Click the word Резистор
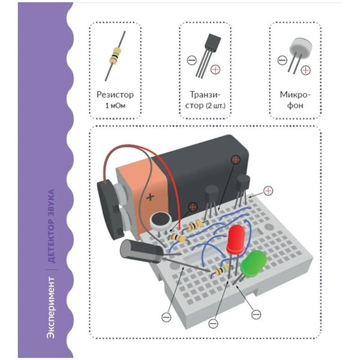[115, 95]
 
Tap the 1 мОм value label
[115, 106]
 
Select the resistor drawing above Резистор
[115, 56]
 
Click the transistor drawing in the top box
[208, 55]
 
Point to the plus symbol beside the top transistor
[215, 70]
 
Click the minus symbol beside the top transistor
[192, 60]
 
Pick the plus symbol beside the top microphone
[305, 70]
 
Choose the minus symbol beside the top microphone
[282, 61]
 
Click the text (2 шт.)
[216, 106]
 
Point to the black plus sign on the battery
[150, 197]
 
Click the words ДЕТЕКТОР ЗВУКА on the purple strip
[51, 226]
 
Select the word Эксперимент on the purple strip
[51, 308]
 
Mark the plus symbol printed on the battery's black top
[236, 160]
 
